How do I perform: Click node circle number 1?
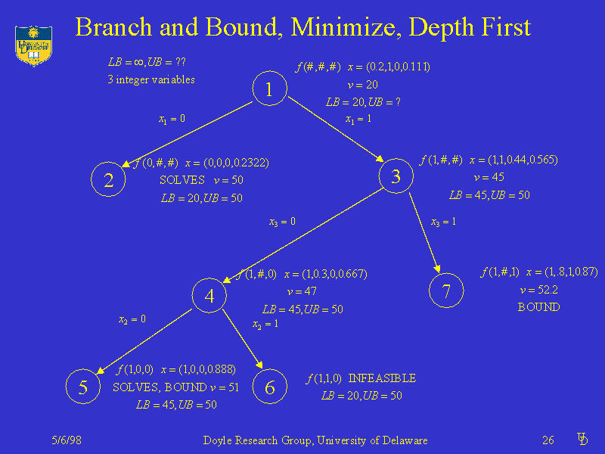pos(268,90)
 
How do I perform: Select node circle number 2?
pos(109,180)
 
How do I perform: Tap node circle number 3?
pos(396,177)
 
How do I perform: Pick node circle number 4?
pos(209,296)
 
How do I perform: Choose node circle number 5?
pos(83,387)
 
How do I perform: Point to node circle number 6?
pos(270,387)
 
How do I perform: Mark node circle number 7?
pos(446,291)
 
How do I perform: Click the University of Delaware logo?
pos(33,44)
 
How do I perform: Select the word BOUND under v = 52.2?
pos(538,307)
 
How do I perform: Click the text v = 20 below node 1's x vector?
pos(362,85)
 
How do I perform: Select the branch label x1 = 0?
pos(172,119)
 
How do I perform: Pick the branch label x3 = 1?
pos(443,222)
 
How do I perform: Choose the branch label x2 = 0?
pos(132,319)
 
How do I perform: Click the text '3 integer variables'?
pos(151,79)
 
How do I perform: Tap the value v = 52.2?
pos(538,291)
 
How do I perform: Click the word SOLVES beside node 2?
pos(182,180)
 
